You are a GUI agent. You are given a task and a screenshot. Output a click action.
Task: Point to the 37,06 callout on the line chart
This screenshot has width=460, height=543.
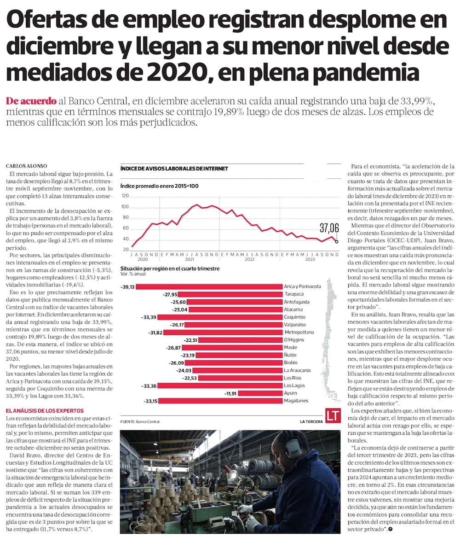[329, 227]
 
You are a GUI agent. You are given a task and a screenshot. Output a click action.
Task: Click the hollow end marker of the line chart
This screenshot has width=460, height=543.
[337, 241]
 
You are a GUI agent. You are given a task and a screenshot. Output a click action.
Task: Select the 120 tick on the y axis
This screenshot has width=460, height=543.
[125, 196]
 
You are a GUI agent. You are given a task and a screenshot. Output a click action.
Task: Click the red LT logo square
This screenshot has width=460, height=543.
[333, 415]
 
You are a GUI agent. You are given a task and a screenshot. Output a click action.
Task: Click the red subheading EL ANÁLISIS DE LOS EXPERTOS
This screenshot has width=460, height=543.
[44, 410]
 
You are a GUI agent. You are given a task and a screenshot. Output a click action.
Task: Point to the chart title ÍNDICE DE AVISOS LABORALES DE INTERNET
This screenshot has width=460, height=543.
[174, 169]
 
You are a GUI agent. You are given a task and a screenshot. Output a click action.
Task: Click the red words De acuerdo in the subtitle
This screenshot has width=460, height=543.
[31, 101]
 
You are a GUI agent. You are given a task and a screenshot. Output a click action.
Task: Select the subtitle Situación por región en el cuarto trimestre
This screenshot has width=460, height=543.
[170, 269]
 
